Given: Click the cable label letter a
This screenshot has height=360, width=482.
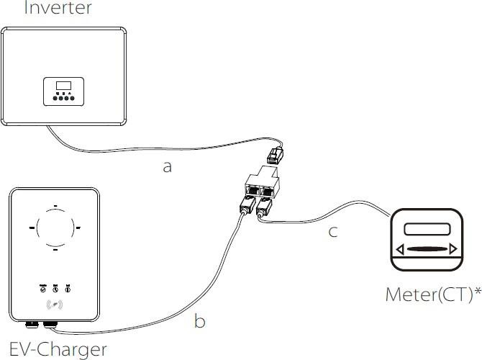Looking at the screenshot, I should point(168,166).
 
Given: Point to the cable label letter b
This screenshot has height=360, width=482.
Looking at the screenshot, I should point(200,320).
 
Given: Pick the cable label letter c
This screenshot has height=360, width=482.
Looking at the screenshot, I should point(332,232).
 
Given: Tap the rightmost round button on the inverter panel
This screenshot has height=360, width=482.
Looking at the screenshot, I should point(74,100).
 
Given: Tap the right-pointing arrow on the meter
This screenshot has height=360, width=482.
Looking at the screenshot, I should point(453,250).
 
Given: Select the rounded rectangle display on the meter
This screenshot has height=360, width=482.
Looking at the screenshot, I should point(426,230).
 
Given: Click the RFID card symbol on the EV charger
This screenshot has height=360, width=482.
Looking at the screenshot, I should point(55,305).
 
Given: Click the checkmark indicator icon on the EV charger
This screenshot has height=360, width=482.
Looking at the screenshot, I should point(42,289).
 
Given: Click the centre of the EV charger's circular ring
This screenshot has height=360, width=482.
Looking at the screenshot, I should point(55,228).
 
